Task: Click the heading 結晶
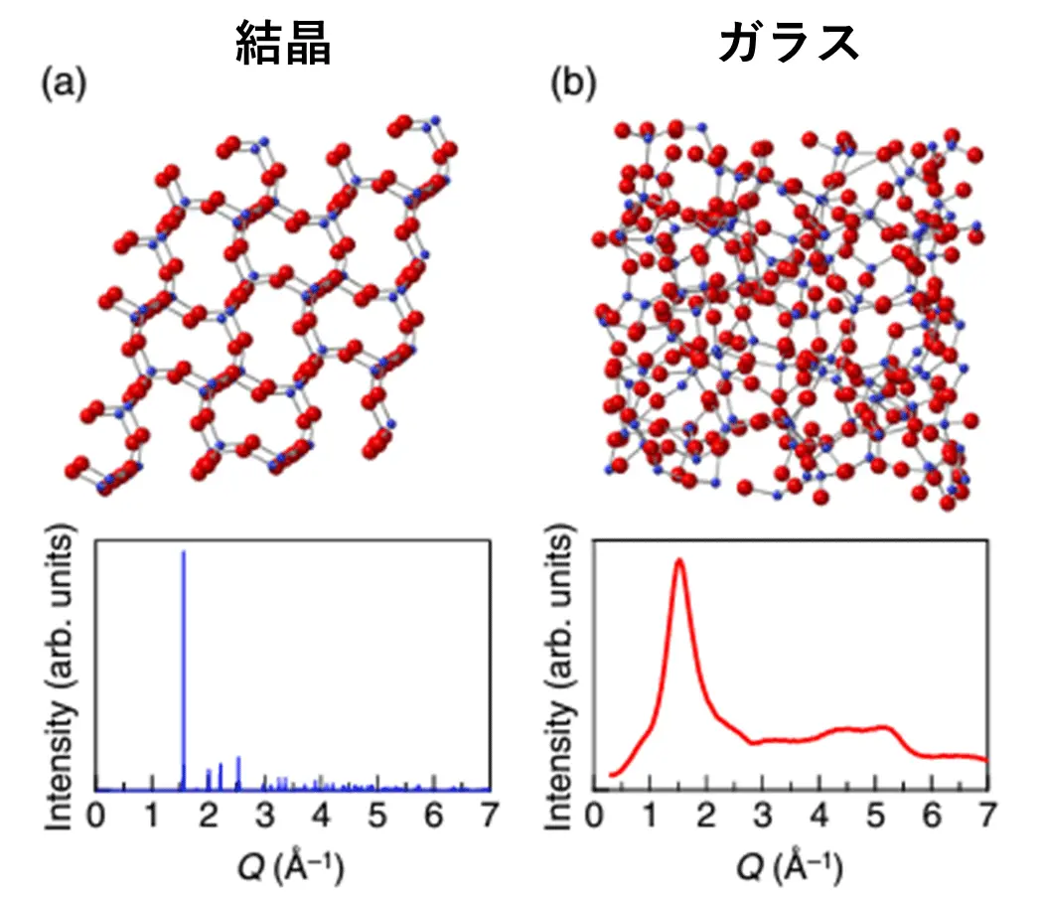(283, 43)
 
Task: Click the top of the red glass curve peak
(679, 561)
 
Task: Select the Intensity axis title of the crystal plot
(62, 666)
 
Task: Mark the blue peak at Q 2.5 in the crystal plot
(238, 760)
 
